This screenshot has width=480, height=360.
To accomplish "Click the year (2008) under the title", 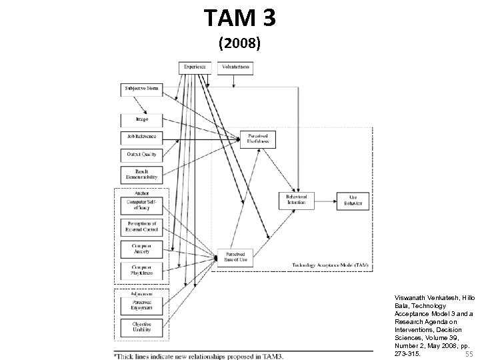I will pyautogui.click(x=241, y=44).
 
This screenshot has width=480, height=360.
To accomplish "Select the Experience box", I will pyautogui.click(x=195, y=67).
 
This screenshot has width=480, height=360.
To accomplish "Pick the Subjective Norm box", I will pyautogui.click(x=141, y=89).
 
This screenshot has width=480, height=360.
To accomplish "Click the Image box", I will pyautogui.click(x=141, y=119).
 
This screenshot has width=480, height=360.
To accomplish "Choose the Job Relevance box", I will pyautogui.click(x=141, y=137).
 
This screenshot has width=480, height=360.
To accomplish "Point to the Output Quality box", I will pyautogui.click(x=141, y=155).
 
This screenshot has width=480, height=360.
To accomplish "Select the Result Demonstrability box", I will pyautogui.click(x=141, y=175).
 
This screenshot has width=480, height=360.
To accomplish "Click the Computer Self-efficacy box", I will pyautogui.click(x=141, y=205).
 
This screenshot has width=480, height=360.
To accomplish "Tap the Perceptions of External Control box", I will pyautogui.click(x=141, y=227).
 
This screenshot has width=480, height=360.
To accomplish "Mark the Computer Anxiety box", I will pyautogui.click(x=141, y=248).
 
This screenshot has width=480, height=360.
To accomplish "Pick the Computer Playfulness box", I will pyautogui.click(x=141, y=270).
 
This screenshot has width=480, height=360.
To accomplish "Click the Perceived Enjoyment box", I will pyautogui.click(x=141, y=305).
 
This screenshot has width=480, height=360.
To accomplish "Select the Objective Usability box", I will pyautogui.click(x=141, y=327).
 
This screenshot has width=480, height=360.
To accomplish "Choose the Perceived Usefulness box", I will pyautogui.click(x=257, y=137).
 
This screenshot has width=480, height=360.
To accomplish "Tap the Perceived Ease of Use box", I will pyautogui.click(x=234, y=257).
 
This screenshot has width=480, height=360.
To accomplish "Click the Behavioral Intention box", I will pyautogui.click(x=296, y=200).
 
